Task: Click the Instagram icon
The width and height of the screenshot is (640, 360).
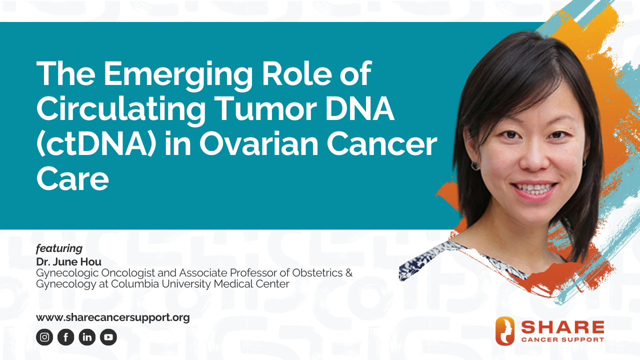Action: [x=44, y=337]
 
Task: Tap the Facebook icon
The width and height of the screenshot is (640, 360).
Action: [x=65, y=337]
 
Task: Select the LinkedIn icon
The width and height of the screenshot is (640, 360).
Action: [x=87, y=337]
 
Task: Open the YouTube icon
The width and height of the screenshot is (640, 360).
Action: [x=108, y=337]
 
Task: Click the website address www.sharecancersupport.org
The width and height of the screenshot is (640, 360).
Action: [x=113, y=317]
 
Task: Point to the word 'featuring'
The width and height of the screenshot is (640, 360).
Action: [x=59, y=248]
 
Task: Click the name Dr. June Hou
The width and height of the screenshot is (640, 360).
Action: [x=68, y=261]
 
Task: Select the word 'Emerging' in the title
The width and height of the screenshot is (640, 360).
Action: [x=177, y=75]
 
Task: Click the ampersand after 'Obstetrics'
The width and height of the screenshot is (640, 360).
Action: [x=349, y=273]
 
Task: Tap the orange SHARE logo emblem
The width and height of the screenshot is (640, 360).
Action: [x=505, y=331]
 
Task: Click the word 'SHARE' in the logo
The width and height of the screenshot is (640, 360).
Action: [x=562, y=327]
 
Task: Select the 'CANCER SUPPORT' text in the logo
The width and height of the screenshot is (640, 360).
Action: [x=562, y=339]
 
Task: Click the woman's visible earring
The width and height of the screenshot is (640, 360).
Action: [x=475, y=165]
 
